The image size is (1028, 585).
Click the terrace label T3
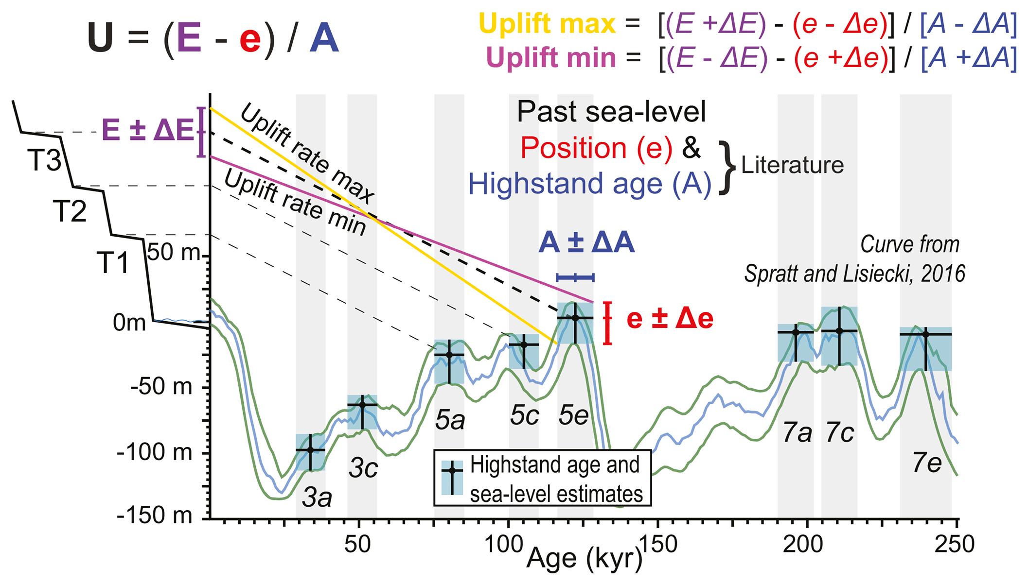[x=44, y=161]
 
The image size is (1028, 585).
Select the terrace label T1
[x=113, y=263]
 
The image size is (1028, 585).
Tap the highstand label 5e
[x=574, y=416]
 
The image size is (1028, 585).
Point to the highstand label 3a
[x=317, y=497]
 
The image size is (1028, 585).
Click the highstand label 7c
[x=840, y=432]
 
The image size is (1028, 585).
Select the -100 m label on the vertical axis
[x=155, y=453]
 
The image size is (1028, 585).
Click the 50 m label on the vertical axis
[x=174, y=253]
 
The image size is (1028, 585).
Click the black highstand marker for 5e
[x=575, y=318]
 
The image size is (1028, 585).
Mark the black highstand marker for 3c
[x=362, y=405]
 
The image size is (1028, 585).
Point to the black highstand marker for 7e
[x=925, y=335]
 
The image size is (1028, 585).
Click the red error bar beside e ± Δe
[x=607, y=323]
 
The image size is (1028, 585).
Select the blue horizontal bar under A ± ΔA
[x=575, y=277]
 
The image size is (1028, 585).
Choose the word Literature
[x=792, y=165]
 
